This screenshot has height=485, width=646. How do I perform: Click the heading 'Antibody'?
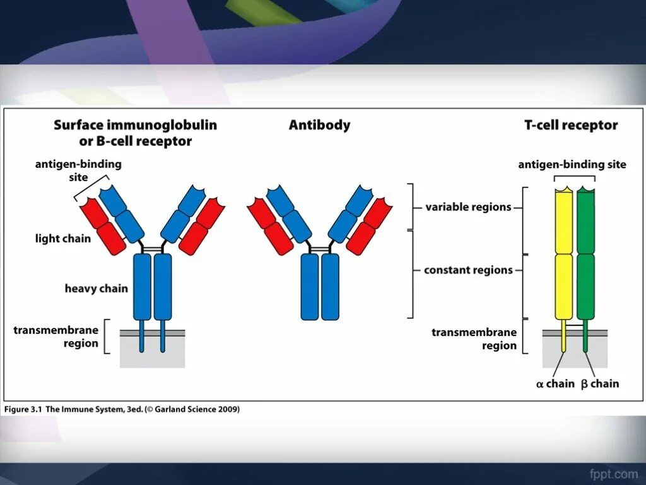[x=319, y=125]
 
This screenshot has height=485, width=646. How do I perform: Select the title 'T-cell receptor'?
[x=571, y=125]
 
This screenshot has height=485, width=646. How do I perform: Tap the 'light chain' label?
[x=63, y=239]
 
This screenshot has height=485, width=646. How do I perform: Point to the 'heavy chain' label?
[x=96, y=289]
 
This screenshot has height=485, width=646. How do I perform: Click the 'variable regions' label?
[x=468, y=207]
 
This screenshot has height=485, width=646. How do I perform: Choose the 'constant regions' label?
[x=468, y=270]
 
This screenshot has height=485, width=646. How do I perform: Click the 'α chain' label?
[x=555, y=383]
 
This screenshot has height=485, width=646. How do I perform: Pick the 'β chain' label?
[x=600, y=383]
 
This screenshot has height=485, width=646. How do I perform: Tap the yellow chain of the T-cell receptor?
[x=563, y=253]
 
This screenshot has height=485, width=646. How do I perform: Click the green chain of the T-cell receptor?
[x=585, y=253]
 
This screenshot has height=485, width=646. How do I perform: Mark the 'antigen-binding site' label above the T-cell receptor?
[x=572, y=165]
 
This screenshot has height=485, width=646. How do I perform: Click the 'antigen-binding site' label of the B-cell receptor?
[x=78, y=171]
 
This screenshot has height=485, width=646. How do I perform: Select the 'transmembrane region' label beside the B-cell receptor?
[x=56, y=337]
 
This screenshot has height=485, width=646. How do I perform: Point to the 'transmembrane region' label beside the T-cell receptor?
[x=474, y=339]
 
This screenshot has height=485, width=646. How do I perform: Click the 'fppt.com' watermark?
[x=613, y=474]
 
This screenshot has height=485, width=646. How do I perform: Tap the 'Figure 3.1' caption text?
[x=23, y=409]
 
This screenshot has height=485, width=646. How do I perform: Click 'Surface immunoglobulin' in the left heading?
[x=135, y=125]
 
